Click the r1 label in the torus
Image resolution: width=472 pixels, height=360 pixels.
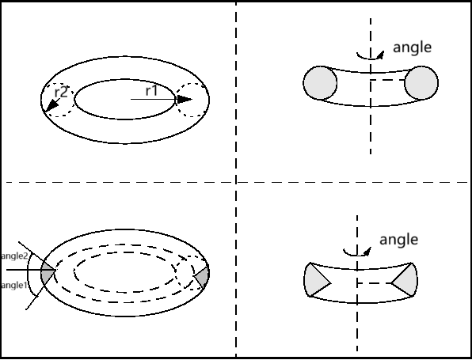pos(151,90)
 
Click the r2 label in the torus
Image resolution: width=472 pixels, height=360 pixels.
pos(61,92)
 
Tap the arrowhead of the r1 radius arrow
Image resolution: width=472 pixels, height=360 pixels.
pos(184,99)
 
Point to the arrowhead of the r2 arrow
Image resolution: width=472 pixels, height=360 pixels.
pos(51,105)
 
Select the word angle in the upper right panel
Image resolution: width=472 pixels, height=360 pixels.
pos(412,47)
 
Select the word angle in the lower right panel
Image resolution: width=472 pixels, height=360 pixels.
pos(398,240)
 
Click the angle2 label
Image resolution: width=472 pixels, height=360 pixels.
pos(14,256)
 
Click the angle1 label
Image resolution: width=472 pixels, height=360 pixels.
pos(14,285)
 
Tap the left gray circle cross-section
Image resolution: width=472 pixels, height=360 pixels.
pos(320,83)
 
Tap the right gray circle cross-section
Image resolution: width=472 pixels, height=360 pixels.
pos(421,83)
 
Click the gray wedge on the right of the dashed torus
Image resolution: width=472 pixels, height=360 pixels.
pos(203,277)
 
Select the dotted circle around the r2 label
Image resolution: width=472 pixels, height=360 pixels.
pos(58,100)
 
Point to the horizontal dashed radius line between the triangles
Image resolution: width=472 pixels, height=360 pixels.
pos(374,283)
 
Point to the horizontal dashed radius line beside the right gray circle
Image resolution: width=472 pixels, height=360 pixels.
pos(388,80)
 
